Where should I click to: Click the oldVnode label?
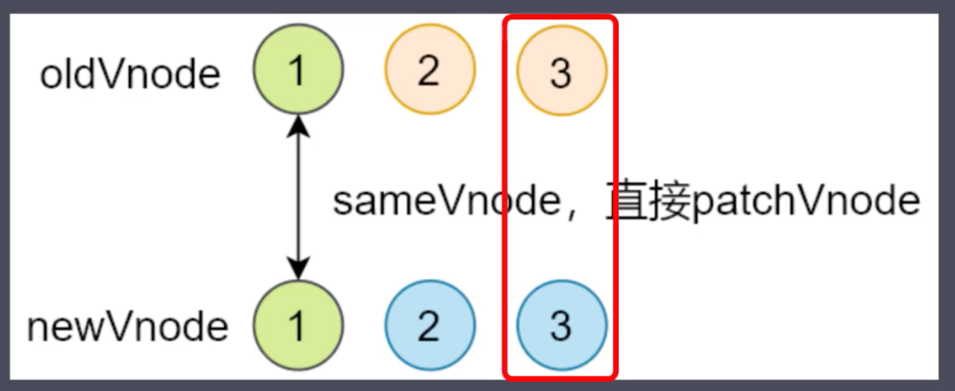coord(130,74)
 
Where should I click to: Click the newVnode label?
coord(127,327)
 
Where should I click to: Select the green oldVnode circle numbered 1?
coord(298,70)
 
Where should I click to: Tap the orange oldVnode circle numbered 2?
coord(430,70)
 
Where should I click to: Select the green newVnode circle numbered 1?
coord(298,326)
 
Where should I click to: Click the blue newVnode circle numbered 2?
coord(430,326)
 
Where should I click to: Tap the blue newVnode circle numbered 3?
coord(561,326)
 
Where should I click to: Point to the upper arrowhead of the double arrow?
coord(298,123)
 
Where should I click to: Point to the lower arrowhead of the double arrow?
coord(298,271)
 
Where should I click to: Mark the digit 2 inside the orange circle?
coord(430,71)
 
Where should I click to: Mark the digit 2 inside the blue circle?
coord(430,326)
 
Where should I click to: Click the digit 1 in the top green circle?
coord(298,71)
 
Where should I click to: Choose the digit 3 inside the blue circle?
coord(561,326)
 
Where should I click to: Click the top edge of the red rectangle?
coord(561,16)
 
